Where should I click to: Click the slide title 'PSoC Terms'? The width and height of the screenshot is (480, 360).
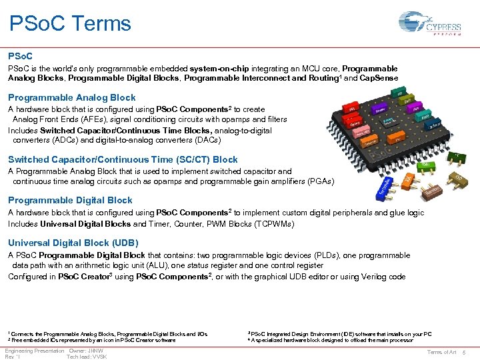(x=70, y=24)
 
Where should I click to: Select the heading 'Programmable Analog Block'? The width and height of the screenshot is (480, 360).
(x=71, y=97)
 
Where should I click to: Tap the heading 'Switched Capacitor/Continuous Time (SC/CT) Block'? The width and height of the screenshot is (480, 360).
(x=123, y=159)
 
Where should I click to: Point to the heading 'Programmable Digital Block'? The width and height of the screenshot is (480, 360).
(x=70, y=200)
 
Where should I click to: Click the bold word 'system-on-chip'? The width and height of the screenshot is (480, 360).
(x=221, y=69)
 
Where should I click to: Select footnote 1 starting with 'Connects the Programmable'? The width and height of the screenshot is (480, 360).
(x=107, y=333)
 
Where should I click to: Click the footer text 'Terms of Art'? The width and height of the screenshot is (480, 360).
(x=441, y=351)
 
